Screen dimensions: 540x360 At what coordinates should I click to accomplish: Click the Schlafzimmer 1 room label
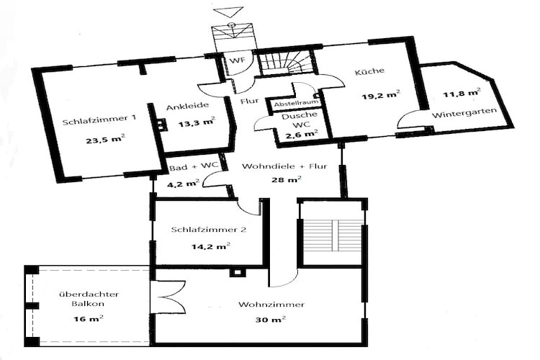tap(99, 120)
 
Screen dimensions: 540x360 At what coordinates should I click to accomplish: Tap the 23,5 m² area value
tap(105, 140)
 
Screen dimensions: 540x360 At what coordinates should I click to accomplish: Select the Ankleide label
tap(187, 106)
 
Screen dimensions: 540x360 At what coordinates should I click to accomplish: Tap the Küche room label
tap(369, 71)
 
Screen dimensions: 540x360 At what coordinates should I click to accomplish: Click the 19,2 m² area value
tap(381, 95)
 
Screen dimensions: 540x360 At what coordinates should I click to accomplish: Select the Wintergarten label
tap(464, 112)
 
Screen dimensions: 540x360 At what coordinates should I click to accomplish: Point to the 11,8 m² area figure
tap(462, 92)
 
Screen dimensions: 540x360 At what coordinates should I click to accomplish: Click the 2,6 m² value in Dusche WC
tap(302, 133)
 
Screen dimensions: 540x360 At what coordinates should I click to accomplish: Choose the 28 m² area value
tap(287, 179)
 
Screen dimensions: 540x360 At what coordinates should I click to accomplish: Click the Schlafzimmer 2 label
tap(209, 230)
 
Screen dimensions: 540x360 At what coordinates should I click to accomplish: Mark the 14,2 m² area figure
tap(211, 246)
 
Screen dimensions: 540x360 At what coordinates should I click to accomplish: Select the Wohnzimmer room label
tap(271, 305)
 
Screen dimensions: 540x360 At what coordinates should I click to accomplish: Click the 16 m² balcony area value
tap(89, 319)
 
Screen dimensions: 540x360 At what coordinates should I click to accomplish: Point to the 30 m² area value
tap(270, 320)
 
